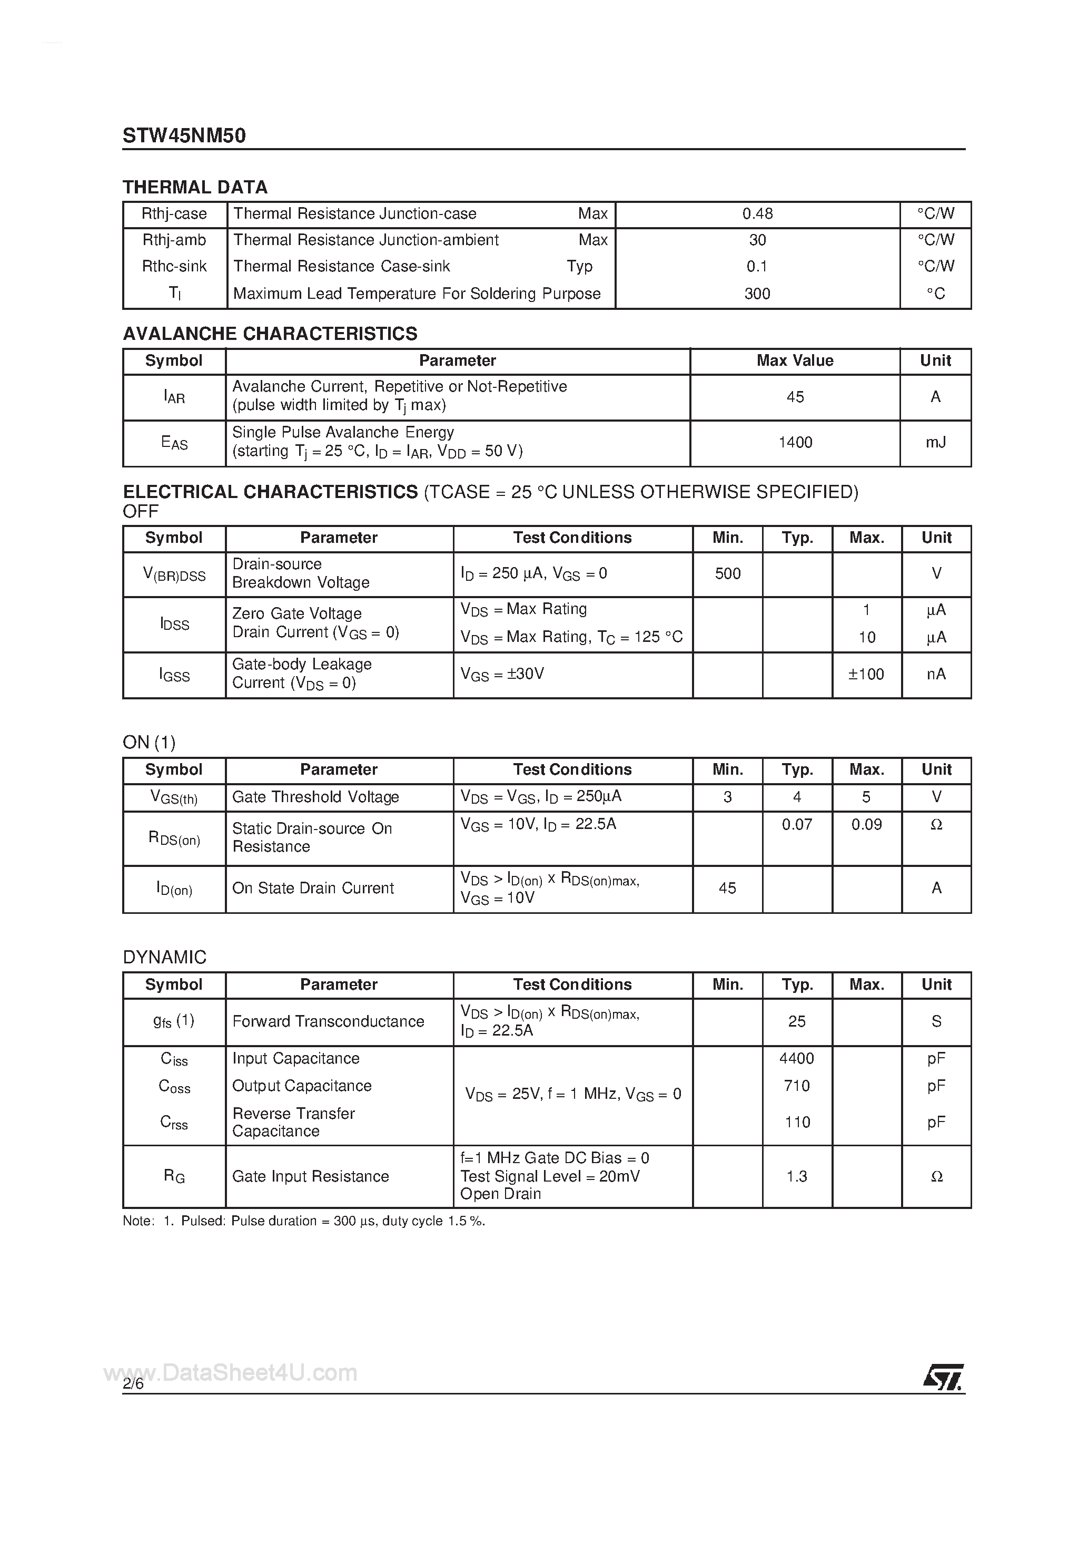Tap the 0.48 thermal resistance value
pyautogui.click(x=757, y=214)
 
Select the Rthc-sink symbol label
pyautogui.click(x=174, y=267)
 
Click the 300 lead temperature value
pyautogui.click(x=757, y=294)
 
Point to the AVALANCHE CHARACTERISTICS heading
pyautogui.click(x=270, y=334)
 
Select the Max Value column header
pyautogui.click(x=795, y=361)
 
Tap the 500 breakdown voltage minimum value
pyautogui.click(x=728, y=574)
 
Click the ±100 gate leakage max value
pyautogui.click(x=866, y=675)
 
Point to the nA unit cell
pyautogui.click(x=936, y=675)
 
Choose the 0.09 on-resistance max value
pyautogui.click(x=866, y=825)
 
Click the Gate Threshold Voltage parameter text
pyautogui.click(x=315, y=797)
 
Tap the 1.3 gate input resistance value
pyautogui.click(x=796, y=1176)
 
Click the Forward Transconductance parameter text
pyautogui.click(x=328, y=1021)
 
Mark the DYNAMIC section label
pyautogui.click(x=164, y=957)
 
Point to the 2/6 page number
pyautogui.click(x=133, y=1384)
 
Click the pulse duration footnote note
pyautogui.click(x=304, y=1222)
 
